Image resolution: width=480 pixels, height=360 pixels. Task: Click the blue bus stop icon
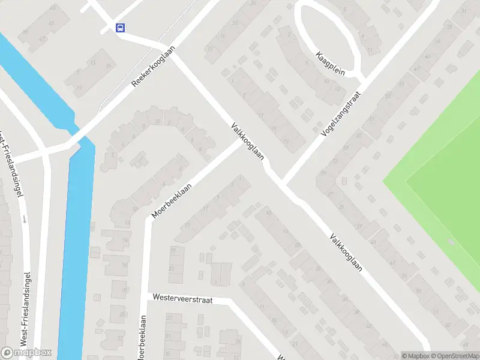tap(121, 28)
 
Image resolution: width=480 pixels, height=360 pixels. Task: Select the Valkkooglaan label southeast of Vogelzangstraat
tap(346, 251)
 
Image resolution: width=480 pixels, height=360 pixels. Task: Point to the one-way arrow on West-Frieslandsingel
tap(25, 218)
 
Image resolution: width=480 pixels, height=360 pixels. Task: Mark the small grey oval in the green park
tap(451, 242)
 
